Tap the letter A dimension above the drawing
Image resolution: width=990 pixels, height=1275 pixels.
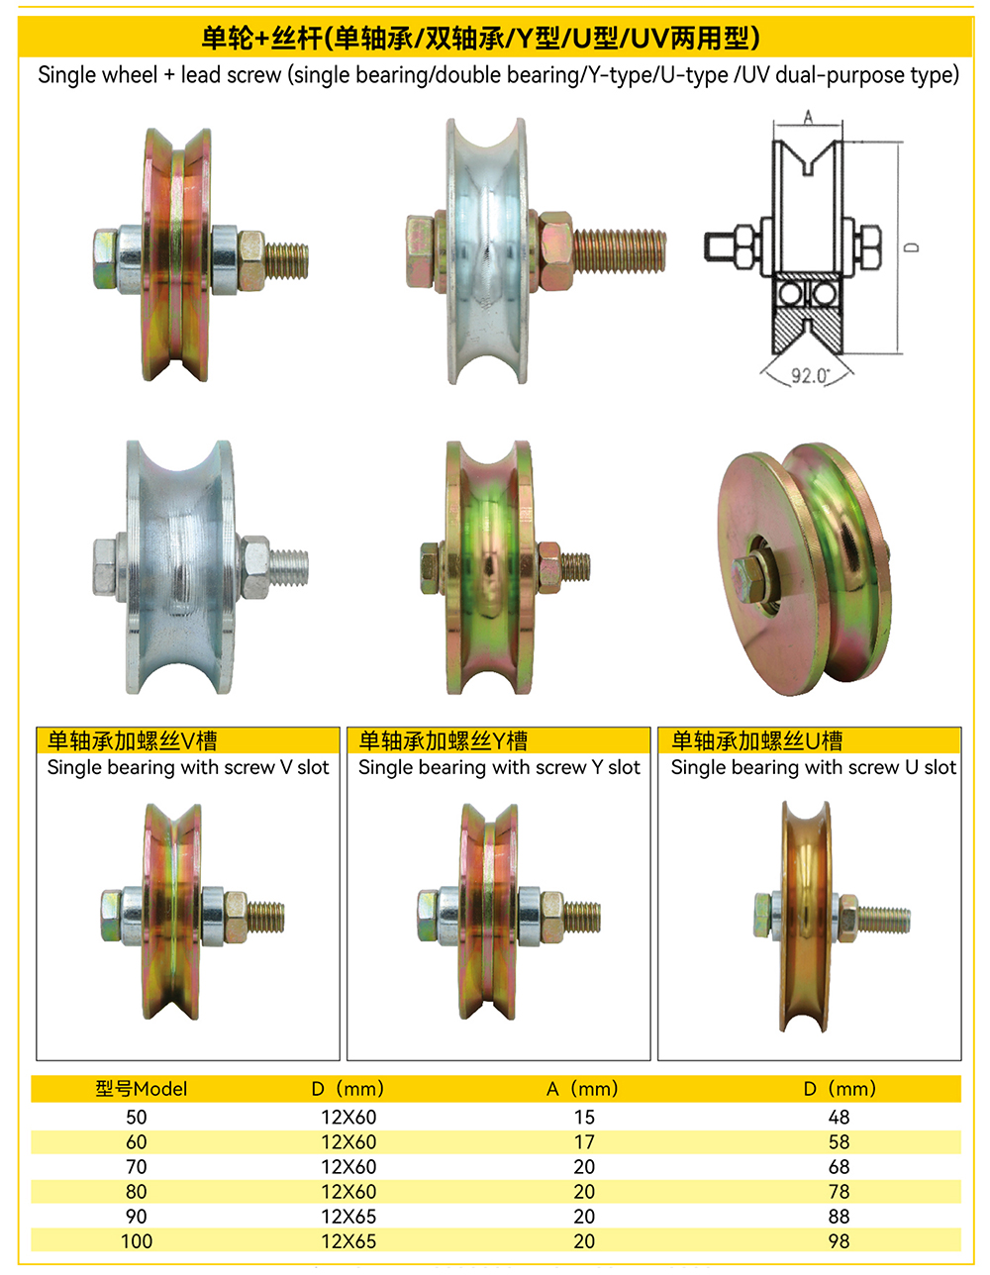(808, 118)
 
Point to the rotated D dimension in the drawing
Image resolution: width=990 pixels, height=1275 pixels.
(912, 247)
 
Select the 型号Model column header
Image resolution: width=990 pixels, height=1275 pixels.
(142, 1089)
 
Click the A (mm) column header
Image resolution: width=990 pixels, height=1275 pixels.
(582, 1089)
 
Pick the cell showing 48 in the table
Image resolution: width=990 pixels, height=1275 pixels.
(839, 1118)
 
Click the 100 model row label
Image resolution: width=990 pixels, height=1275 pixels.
(137, 1241)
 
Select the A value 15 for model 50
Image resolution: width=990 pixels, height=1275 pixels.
(584, 1118)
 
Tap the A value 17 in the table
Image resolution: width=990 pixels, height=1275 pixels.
(584, 1141)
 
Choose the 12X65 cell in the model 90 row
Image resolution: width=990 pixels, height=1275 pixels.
(348, 1217)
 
